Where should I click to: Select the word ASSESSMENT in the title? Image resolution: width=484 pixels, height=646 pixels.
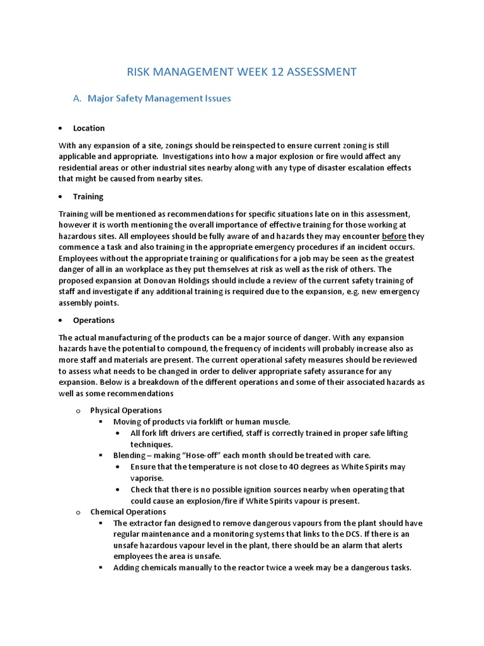tap(321, 72)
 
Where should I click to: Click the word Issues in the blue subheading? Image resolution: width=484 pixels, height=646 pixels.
tap(216, 98)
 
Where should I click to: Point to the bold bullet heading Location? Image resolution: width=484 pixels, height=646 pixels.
tap(89, 128)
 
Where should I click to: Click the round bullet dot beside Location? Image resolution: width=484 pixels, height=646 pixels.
tap(60, 128)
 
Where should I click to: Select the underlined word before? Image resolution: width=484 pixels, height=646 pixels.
tap(395, 237)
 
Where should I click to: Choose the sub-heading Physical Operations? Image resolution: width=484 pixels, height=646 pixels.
tap(126, 410)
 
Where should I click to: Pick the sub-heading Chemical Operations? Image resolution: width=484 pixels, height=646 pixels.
tap(128, 512)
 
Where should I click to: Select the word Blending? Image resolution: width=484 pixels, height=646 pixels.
tap(130, 455)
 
